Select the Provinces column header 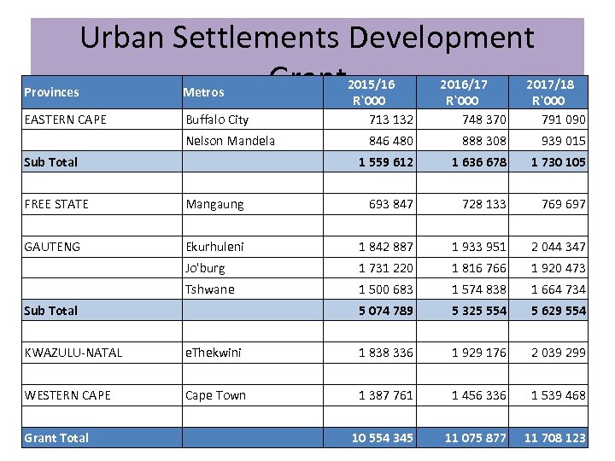[51, 92]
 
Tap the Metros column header [205, 92]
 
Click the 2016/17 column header [463, 85]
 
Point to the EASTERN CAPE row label [66, 120]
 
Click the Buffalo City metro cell [217, 120]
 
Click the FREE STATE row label [56, 204]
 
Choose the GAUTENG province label [52, 247]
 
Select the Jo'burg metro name [205, 268]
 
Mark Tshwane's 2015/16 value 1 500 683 [385, 289]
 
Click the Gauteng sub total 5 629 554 [558, 311]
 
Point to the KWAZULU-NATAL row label [73, 353]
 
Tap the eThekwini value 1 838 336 [385, 353]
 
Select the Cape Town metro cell [215, 395]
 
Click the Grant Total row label [56, 438]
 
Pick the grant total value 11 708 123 [554, 438]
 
